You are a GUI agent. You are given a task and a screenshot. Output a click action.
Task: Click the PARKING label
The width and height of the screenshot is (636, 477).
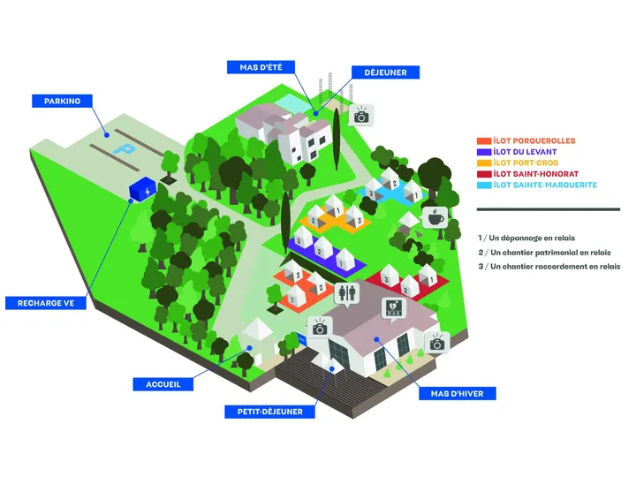click(x=62, y=101)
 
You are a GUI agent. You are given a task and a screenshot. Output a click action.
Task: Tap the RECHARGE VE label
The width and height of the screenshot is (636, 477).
click(x=45, y=303)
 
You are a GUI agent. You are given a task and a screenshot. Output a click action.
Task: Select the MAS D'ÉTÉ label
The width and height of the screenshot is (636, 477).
click(x=261, y=67)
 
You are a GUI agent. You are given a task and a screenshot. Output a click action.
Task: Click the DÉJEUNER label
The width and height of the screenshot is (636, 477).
click(x=385, y=72)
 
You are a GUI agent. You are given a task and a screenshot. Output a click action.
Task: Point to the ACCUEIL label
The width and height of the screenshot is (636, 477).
click(x=163, y=384)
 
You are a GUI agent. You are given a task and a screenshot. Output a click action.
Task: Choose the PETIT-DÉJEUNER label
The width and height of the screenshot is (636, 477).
click(x=270, y=412)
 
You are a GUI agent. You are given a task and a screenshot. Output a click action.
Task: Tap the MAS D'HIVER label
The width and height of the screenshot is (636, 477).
click(x=458, y=393)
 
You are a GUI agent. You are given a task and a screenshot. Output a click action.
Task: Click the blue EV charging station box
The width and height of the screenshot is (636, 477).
click(x=142, y=189)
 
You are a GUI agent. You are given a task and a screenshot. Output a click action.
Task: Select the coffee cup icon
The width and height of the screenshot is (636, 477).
click(x=435, y=217)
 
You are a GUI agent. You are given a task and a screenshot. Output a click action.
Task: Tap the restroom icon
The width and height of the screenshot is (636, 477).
click(x=347, y=292)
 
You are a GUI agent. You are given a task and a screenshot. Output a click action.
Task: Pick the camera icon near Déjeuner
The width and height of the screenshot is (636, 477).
click(x=361, y=116)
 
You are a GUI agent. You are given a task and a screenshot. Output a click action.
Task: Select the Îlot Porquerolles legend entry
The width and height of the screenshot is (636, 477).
click(x=526, y=141)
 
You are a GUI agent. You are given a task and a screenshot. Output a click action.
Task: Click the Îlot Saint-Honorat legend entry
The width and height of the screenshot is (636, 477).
click(x=527, y=174)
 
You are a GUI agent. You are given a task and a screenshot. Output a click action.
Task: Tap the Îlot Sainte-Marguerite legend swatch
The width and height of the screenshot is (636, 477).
click(x=484, y=185)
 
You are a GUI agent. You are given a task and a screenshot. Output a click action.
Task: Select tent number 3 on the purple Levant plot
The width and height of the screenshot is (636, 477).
click(x=301, y=238)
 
